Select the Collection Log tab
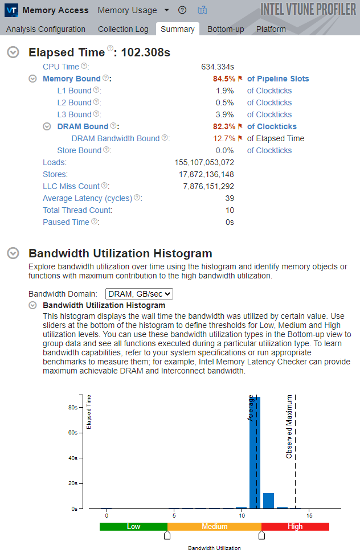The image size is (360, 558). pos(123,29)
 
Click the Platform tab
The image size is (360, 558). pos(271,29)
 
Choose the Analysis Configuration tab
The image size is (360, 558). pos(46,29)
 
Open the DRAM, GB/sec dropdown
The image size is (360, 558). pos(139,294)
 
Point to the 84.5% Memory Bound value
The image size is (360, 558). pos(223,79)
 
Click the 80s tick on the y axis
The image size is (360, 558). pos(73,408)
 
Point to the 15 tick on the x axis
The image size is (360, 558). pos(309,516)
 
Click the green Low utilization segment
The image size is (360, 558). pos(133,527)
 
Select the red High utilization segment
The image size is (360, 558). pos(295,527)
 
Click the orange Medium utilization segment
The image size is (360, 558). pos(214,527)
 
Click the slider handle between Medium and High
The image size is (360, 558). pos(262,535)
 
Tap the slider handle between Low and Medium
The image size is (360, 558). pos(167,535)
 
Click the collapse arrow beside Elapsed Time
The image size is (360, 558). pos(13,52)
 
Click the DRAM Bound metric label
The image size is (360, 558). pos(83,126)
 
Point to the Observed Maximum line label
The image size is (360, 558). pos(289,426)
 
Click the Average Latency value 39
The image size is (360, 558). pos(229,198)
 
